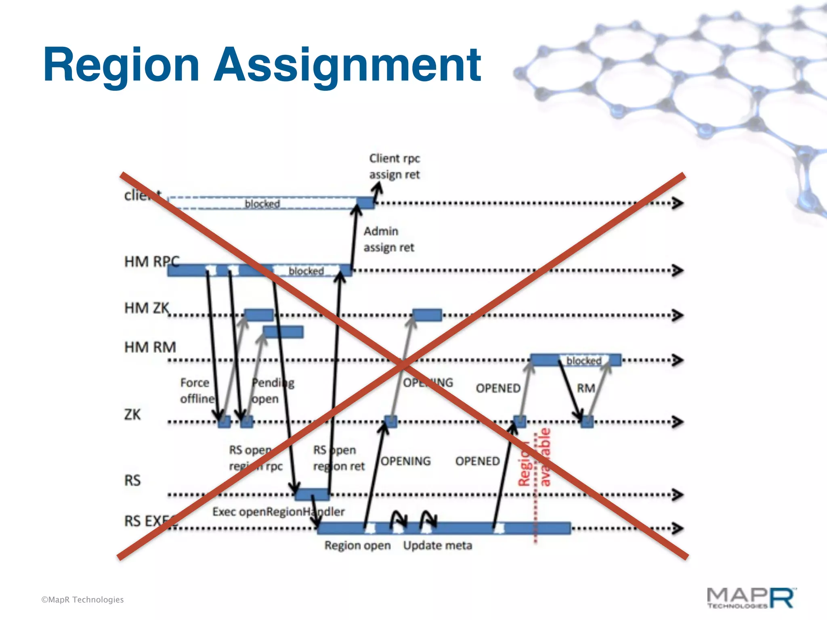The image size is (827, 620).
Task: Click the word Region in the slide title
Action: click(121, 65)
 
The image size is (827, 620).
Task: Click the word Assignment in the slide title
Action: click(347, 65)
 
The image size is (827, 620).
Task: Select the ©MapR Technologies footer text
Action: click(82, 599)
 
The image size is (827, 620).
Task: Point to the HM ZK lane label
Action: click(147, 308)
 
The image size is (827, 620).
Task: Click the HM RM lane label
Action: click(150, 347)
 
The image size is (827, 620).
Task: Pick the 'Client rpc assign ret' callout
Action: click(394, 166)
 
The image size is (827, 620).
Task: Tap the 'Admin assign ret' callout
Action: click(388, 239)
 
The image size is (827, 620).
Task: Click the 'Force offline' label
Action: click(197, 390)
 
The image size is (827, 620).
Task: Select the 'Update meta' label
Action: click(437, 545)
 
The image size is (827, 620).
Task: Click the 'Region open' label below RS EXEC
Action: click(357, 545)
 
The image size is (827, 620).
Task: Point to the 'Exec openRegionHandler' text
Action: click(278, 512)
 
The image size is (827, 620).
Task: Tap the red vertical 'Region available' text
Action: click(534, 458)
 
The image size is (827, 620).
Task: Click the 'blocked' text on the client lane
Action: click(262, 203)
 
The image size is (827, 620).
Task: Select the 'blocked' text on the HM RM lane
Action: click(584, 360)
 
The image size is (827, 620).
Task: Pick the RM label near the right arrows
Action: click(586, 388)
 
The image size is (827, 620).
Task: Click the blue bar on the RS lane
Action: click(312, 494)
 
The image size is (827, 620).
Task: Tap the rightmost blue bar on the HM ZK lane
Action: click(427, 315)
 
